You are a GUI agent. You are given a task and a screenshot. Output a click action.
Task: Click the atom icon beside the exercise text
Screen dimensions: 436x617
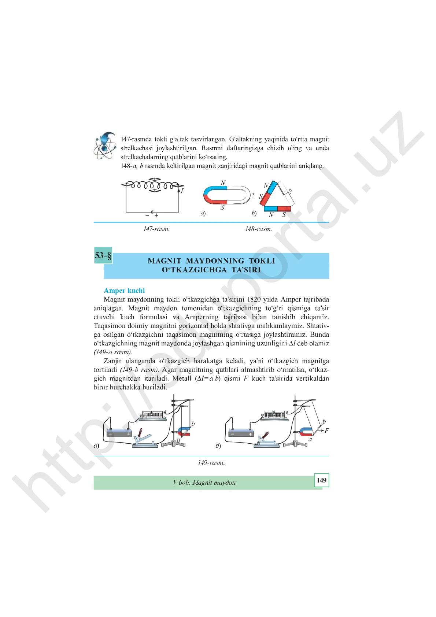point(104,145)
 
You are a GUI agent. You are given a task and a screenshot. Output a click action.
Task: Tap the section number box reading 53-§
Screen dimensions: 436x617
point(103,255)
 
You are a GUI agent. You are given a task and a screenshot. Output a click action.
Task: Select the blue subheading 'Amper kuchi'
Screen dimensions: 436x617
point(124,291)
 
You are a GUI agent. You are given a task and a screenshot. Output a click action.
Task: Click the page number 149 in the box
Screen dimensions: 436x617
point(321,480)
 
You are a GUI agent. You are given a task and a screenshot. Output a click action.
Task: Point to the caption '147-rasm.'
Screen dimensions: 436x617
point(156,229)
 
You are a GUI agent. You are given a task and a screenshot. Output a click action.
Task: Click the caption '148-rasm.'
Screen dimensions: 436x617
point(258,229)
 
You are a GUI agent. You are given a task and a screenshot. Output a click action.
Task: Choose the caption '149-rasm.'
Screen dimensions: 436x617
point(211,462)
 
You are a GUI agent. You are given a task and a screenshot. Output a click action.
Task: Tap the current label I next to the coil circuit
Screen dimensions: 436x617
point(182,191)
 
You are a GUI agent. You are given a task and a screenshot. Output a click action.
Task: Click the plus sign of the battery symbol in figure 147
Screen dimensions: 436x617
point(156,215)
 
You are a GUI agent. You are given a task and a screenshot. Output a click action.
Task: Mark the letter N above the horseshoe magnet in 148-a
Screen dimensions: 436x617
point(223,183)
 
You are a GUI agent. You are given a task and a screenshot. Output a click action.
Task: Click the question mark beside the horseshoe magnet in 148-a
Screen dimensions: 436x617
point(253,195)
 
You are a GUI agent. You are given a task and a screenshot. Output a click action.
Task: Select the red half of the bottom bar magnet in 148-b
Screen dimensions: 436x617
point(284,208)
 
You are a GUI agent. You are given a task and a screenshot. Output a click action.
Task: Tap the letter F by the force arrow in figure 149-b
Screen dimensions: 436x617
point(327,431)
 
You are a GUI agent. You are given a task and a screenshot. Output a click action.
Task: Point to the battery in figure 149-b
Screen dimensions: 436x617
point(241,433)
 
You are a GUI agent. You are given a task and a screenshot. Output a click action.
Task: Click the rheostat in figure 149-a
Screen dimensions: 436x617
point(153,415)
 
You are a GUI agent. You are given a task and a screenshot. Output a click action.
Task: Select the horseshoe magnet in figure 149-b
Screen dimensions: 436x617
point(306,432)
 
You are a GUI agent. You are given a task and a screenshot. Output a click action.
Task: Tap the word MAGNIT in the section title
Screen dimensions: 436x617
point(165,261)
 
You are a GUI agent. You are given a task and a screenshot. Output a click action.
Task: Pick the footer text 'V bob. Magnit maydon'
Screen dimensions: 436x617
point(204,483)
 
